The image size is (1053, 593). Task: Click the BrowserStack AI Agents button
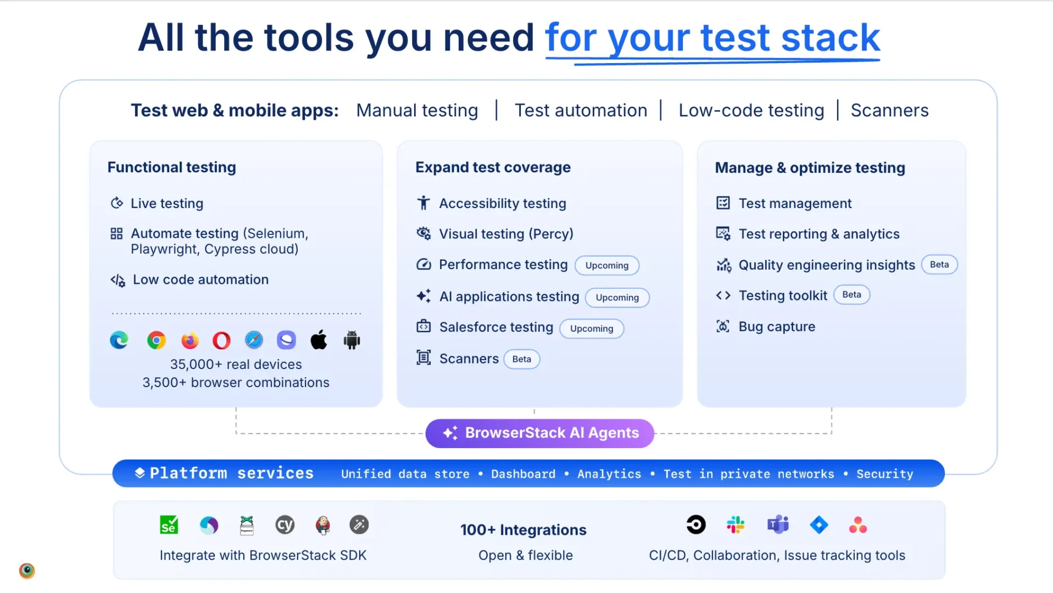point(539,433)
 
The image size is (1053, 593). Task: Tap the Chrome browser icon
point(157,340)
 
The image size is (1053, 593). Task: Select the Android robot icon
point(352,340)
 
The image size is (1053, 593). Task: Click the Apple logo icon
point(319,340)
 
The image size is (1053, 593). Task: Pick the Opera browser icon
point(221,340)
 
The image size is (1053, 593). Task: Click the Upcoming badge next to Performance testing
point(607,265)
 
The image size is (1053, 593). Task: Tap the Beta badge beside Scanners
point(522,359)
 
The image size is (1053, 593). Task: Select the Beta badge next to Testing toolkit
point(851,295)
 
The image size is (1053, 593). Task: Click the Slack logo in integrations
point(736,525)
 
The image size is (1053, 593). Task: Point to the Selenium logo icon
point(169,525)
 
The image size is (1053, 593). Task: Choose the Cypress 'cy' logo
point(285,525)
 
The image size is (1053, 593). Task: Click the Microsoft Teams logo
point(778,525)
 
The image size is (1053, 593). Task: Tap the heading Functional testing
point(172,167)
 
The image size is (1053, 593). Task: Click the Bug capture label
point(777,327)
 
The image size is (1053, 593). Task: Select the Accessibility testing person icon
point(424,203)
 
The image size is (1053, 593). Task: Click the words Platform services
point(231,473)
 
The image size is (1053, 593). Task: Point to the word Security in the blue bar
point(884,474)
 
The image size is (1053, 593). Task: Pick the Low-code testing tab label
point(751,110)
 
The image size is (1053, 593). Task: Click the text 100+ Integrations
point(523,530)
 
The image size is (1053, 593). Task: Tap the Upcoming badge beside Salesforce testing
point(592,328)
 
